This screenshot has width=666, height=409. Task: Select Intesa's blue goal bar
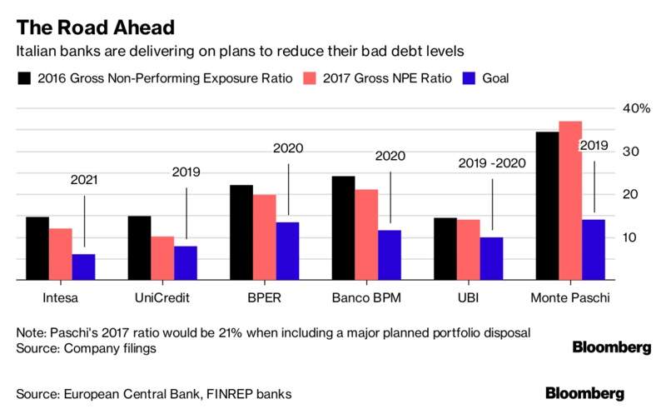[x=83, y=267]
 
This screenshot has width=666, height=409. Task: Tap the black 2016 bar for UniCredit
[x=140, y=248]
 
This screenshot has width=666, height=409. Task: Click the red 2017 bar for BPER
[x=264, y=237]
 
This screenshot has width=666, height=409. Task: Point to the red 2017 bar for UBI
[x=470, y=250]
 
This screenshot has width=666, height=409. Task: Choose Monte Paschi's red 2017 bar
[x=570, y=201]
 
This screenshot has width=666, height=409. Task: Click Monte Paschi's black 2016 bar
[x=547, y=206]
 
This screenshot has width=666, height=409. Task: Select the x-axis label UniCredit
[x=162, y=297]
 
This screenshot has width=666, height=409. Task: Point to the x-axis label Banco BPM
[x=366, y=297]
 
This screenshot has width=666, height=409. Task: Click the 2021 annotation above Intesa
[x=84, y=179]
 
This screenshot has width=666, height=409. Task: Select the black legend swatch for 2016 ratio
[x=24, y=79]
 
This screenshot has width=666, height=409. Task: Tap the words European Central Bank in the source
[x=123, y=392]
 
